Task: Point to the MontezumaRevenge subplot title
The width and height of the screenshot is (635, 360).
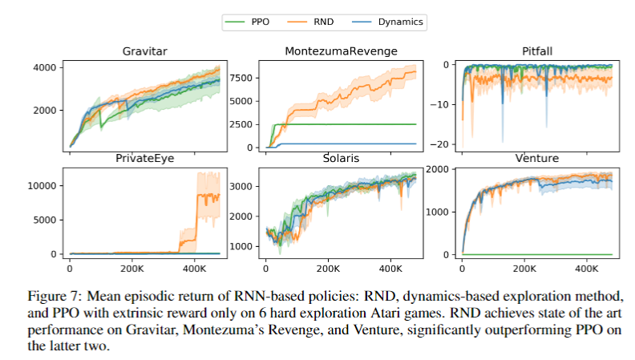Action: click(342, 52)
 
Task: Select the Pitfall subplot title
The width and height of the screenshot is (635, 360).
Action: click(537, 52)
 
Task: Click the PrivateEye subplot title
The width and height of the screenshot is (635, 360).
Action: click(146, 159)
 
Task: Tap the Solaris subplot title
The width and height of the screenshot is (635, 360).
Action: click(342, 159)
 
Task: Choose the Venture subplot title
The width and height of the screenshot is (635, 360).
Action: click(537, 159)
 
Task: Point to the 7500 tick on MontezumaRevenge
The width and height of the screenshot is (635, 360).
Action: click(241, 79)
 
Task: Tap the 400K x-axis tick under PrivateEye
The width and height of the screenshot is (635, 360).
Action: click(195, 267)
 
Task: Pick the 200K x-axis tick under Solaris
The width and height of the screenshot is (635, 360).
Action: click(328, 267)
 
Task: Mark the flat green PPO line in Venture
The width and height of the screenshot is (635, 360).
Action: click(537, 254)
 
